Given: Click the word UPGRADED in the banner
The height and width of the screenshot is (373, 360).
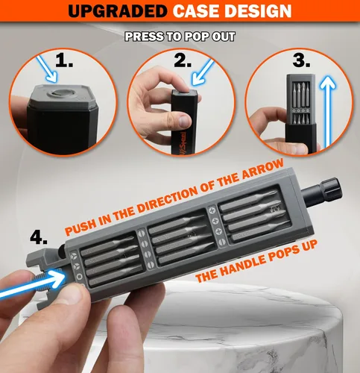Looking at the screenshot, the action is point(118,10).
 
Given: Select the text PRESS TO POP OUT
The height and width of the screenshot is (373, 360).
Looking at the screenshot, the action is point(180,37).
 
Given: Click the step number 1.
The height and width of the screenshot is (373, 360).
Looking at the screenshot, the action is point(64,60).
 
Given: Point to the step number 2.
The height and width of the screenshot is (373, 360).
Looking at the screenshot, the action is point(183,60).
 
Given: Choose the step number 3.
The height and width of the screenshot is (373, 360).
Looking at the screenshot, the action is point(301,60).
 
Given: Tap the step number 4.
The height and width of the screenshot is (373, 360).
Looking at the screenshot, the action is point(39,237).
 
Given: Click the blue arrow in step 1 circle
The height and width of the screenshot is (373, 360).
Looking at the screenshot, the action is point(47,69).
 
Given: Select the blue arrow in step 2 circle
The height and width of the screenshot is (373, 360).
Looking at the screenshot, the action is point(203,72).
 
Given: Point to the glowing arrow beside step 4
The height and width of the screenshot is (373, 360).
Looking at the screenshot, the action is point(32,285).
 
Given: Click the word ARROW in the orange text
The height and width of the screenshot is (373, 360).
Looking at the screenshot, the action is point(262,169).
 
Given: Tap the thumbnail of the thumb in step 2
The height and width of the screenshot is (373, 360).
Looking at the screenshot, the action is point(184,121).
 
